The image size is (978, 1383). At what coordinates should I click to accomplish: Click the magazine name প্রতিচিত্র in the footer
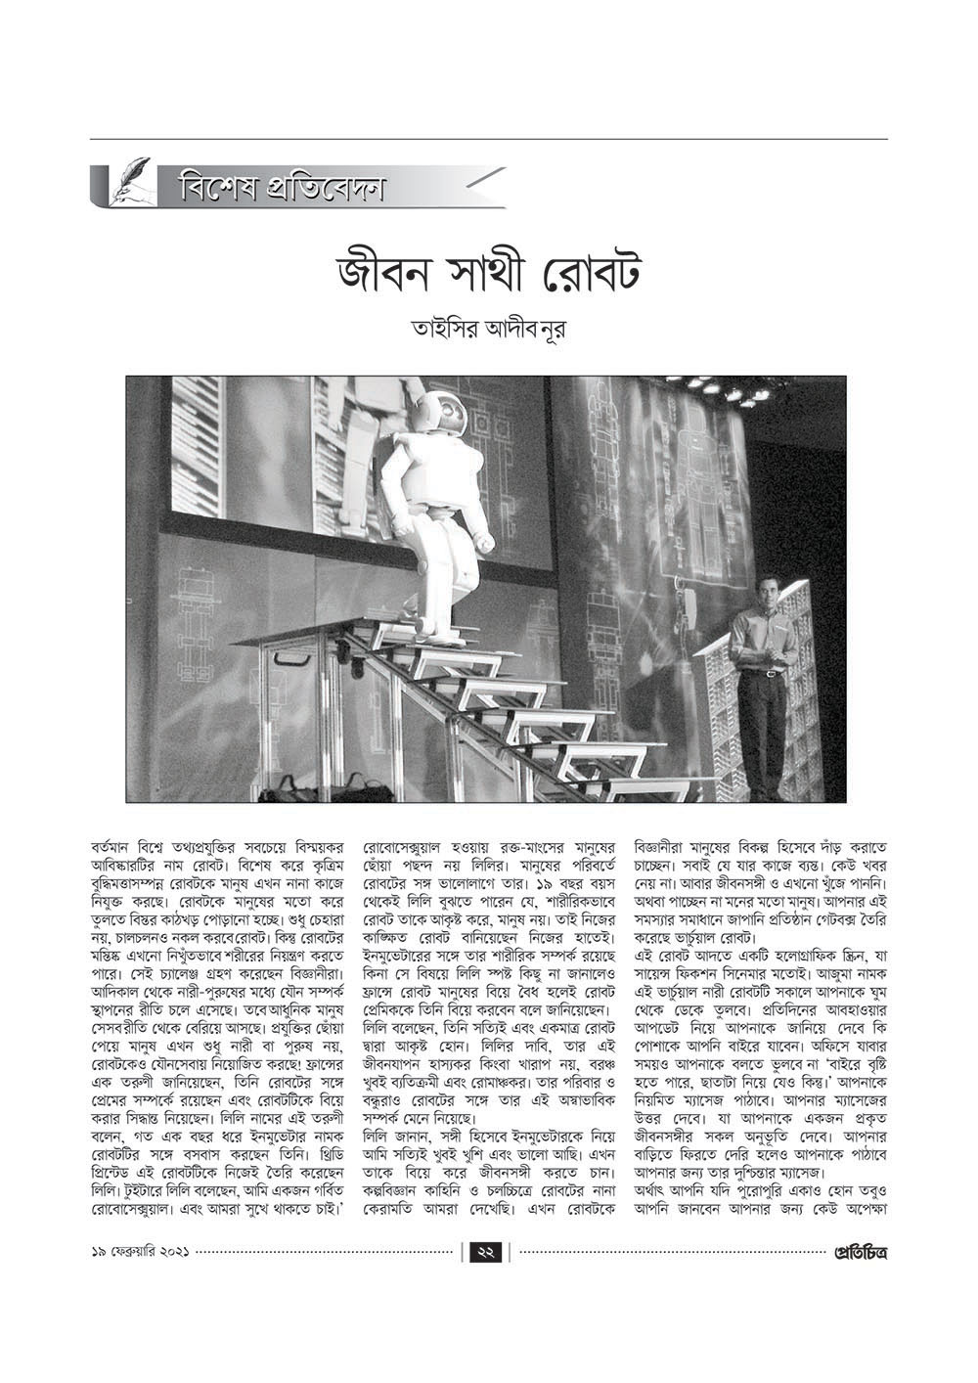[x=860, y=1250]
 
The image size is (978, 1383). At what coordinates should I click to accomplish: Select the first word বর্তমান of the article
[x=114, y=844]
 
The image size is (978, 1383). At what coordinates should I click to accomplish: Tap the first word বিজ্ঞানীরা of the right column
[x=670, y=844]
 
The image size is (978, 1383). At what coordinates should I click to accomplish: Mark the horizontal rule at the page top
[x=488, y=139]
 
